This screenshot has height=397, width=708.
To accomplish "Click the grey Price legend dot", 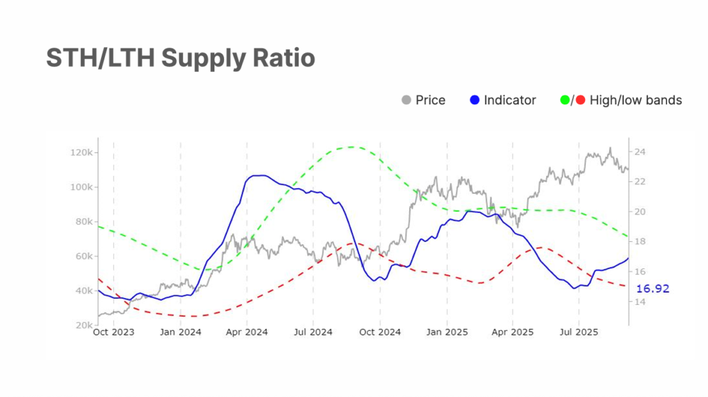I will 406,100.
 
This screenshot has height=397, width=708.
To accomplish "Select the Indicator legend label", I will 510,100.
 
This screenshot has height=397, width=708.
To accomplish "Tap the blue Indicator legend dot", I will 474,100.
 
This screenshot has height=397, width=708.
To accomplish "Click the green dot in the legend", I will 564,100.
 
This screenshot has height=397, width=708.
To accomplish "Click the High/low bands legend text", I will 635,100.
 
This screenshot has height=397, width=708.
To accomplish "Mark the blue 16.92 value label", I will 653,288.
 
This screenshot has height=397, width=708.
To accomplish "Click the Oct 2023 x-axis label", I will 113,333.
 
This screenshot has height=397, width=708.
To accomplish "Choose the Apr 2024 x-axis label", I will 247,333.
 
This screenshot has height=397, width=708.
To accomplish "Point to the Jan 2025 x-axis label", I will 447,333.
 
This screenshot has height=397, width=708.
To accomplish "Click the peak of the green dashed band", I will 353,147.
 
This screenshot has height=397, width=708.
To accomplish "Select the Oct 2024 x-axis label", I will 380,333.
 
